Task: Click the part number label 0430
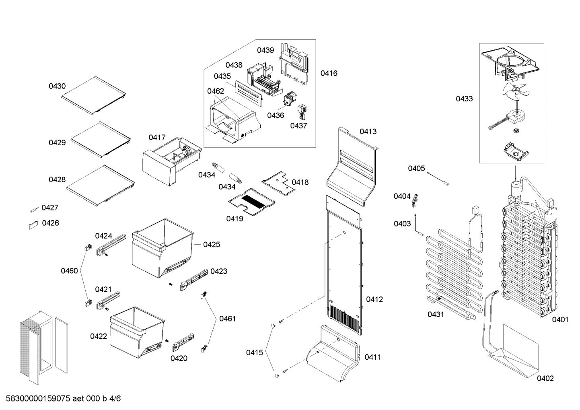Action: [x=57, y=86]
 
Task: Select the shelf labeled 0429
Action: [x=100, y=138]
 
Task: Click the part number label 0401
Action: [x=560, y=319]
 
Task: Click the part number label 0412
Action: [x=374, y=299]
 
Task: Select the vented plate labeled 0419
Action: [x=252, y=200]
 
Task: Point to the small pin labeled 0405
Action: [x=438, y=178]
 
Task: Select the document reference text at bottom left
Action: [x=63, y=399]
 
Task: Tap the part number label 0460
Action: [x=69, y=271]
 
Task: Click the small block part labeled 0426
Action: [x=33, y=224]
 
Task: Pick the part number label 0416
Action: [x=329, y=73]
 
